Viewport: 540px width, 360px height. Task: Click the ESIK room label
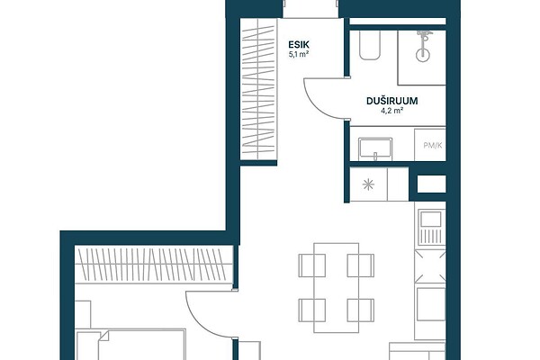pyautogui.click(x=299, y=44)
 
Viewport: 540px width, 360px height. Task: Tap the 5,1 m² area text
pyautogui.click(x=298, y=54)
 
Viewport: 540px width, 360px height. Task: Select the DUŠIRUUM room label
pyautogui.click(x=391, y=101)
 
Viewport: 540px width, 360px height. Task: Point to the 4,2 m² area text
pyautogui.click(x=391, y=111)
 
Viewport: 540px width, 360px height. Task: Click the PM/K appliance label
pyautogui.click(x=433, y=146)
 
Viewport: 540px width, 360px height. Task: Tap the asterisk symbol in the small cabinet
pyautogui.click(x=368, y=184)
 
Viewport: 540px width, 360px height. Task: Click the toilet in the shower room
pyautogui.click(x=370, y=45)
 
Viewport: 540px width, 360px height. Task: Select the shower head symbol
pyautogui.click(x=423, y=46)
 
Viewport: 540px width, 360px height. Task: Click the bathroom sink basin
pyautogui.click(x=375, y=149)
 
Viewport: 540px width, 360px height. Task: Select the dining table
pyautogui.click(x=336, y=288)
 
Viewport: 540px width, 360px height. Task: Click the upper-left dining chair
pyautogui.click(x=312, y=265)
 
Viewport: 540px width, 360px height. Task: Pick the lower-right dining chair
pyautogui.click(x=361, y=310)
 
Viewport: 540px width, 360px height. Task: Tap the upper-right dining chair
pyautogui.click(x=361, y=265)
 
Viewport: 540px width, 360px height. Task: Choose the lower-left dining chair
pyautogui.click(x=312, y=310)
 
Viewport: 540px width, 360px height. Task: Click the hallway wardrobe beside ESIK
pyautogui.click(x=258, y=89)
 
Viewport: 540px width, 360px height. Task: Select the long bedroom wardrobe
pyautogui.click(x=154, y=265)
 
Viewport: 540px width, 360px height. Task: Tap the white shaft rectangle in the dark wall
pyautogui.click(x=431, y=184)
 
